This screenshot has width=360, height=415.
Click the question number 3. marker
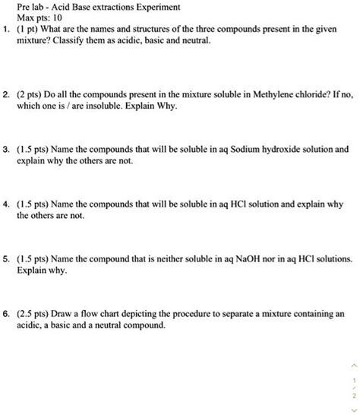pyautogui.click(x=6, y=150)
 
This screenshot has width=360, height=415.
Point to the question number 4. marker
pyautogui.click(x=6, y=204)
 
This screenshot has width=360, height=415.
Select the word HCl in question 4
pyautogui.click(x=236, y=204)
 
